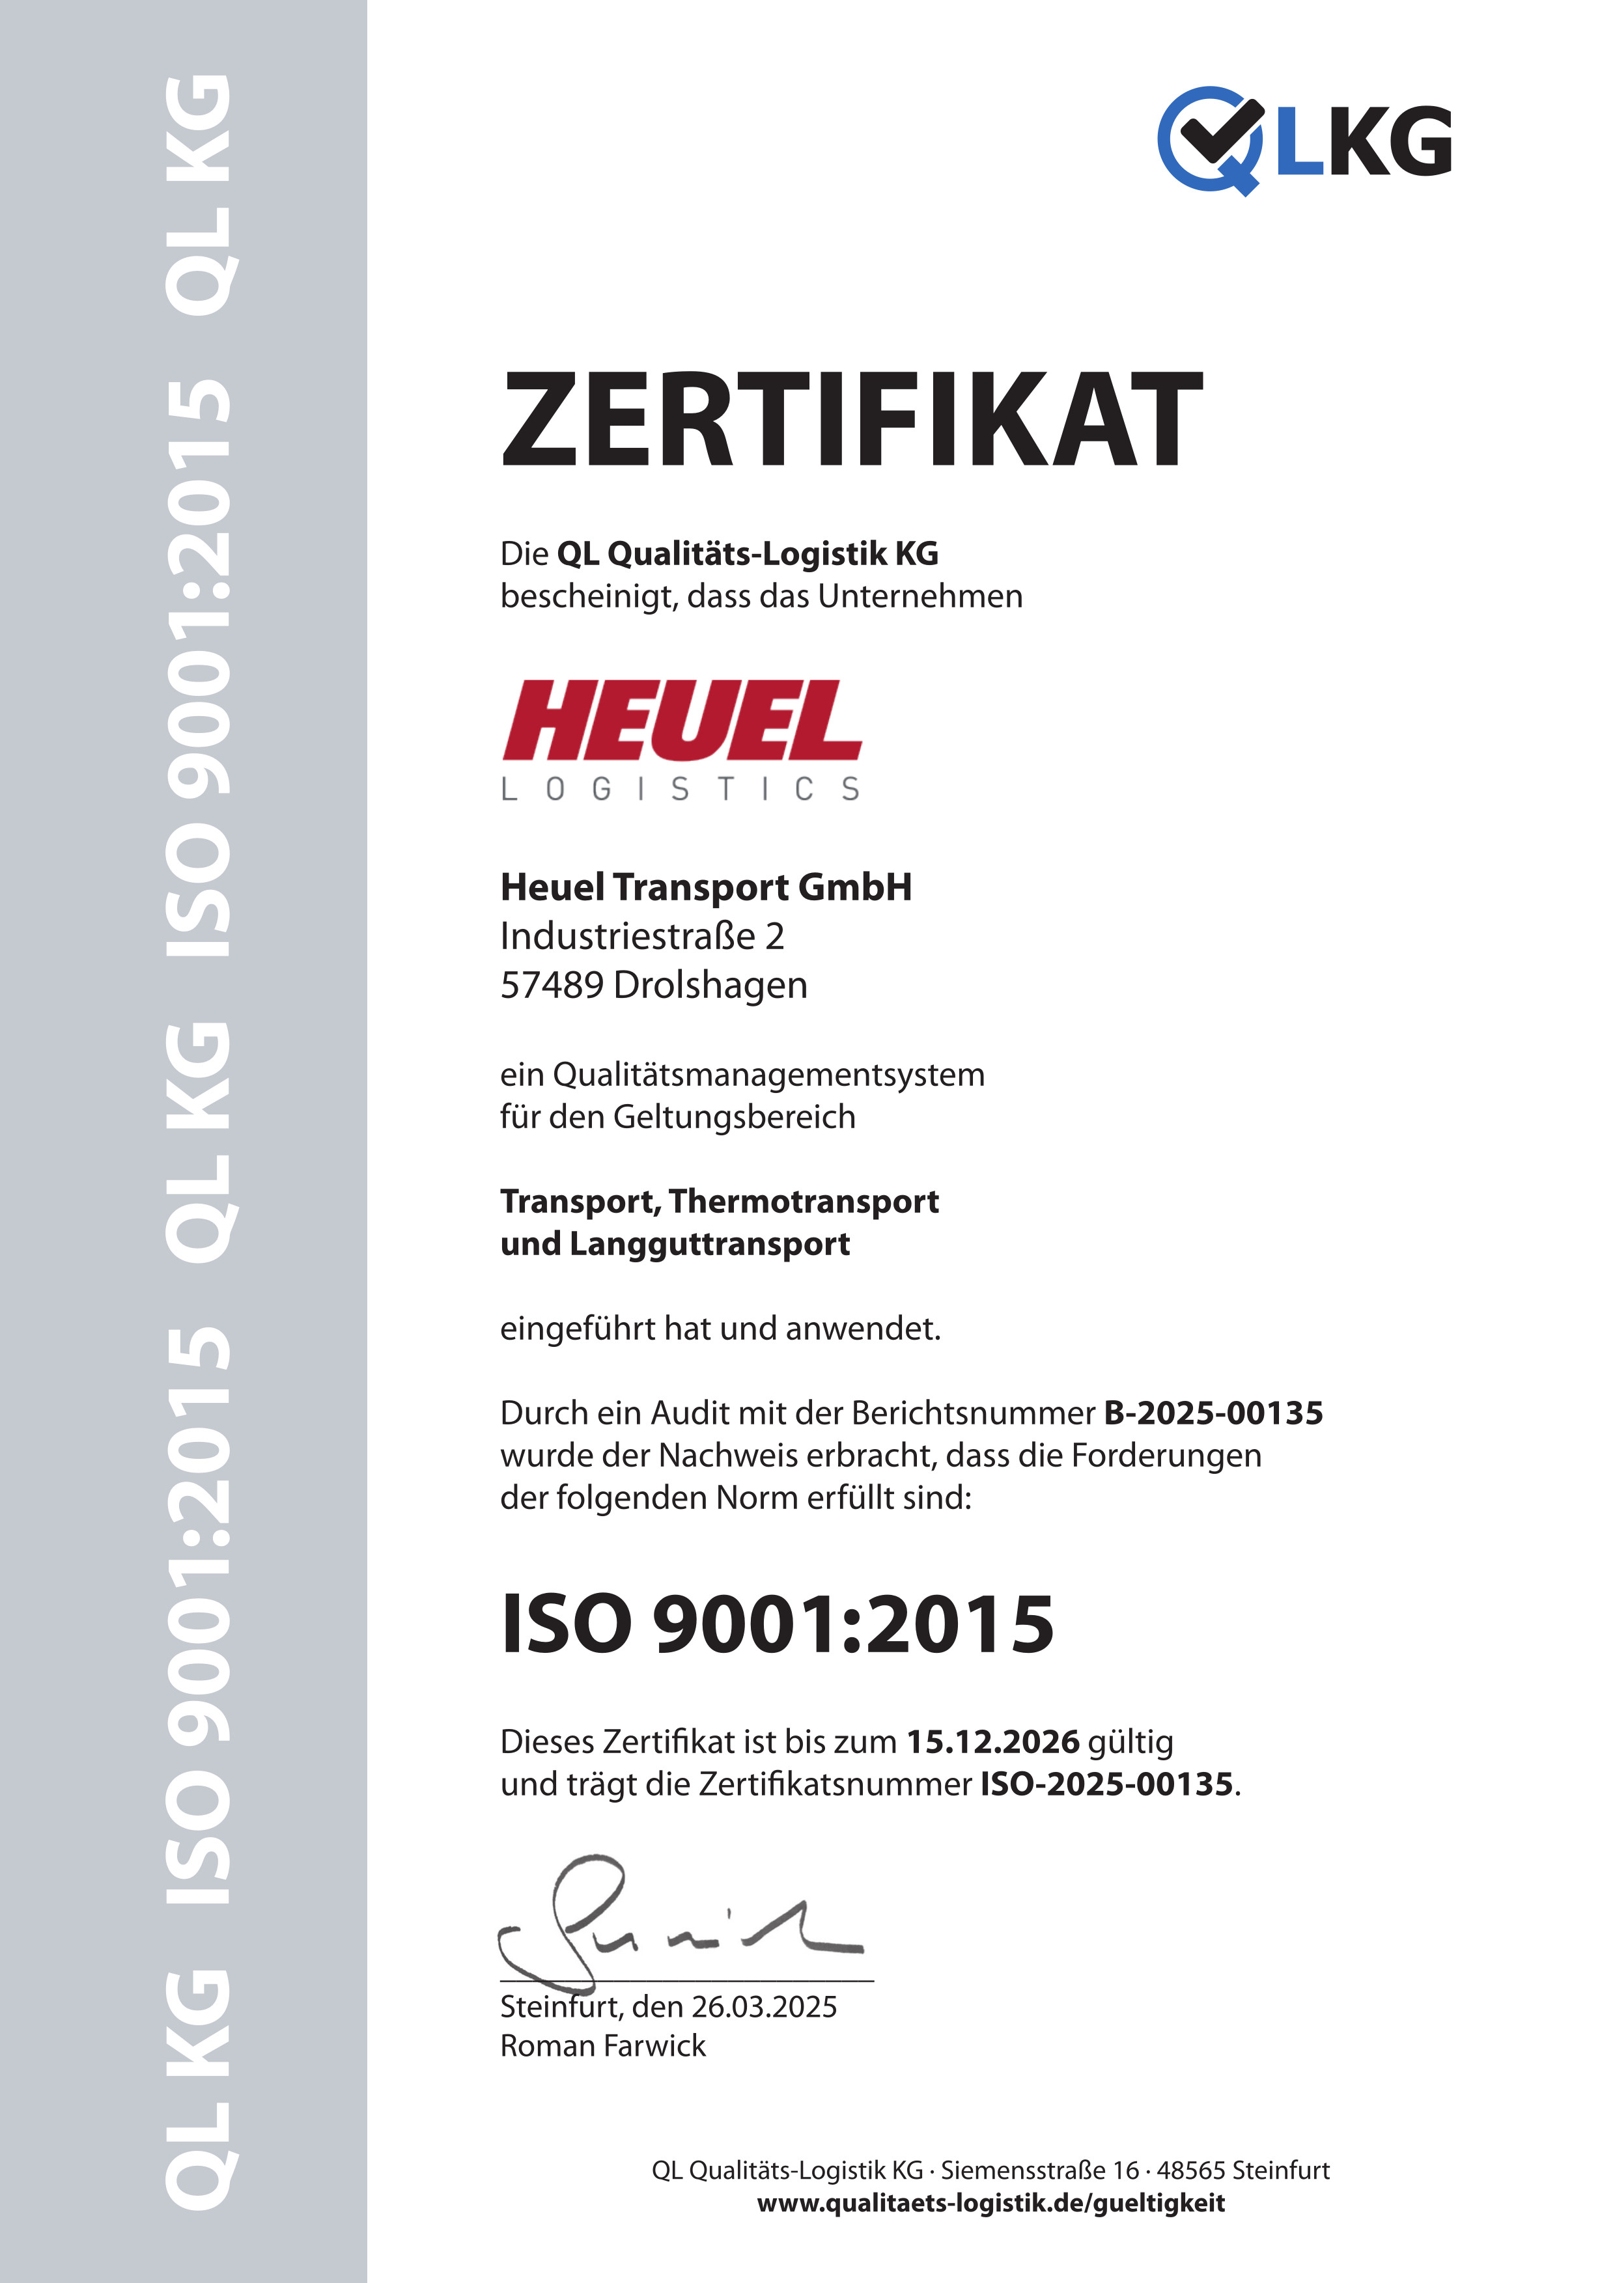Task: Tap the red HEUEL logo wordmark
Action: pyautogui.click(x=682, y=720)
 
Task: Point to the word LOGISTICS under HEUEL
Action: pyautogui.click(x=681, y=790)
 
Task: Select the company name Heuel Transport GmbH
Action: pyautogui.click(x=706, y=887)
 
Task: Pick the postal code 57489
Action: pyautogui.click(x=552, y=984)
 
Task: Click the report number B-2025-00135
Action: pyautogui.click(x=1213, y=1413)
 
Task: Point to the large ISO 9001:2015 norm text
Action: pyautogui.click(x=777, y=1623)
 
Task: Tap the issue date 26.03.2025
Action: pyautogui.click(x=764, y=2006)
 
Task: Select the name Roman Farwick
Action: pyautogui.click(x=602, y=2045)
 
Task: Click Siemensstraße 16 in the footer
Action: pyautogui.click(x=1040, y=2170)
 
